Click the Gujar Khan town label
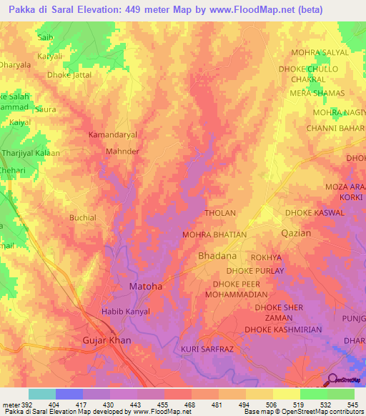pos(107,340)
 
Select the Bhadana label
pos(217,256)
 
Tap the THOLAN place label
pos(219,214)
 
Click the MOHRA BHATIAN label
pos(214,234)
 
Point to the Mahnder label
pos(122,152)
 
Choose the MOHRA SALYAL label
pos(320,53)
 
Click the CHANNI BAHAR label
pos(335,128)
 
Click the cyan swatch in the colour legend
pos(41,394)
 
